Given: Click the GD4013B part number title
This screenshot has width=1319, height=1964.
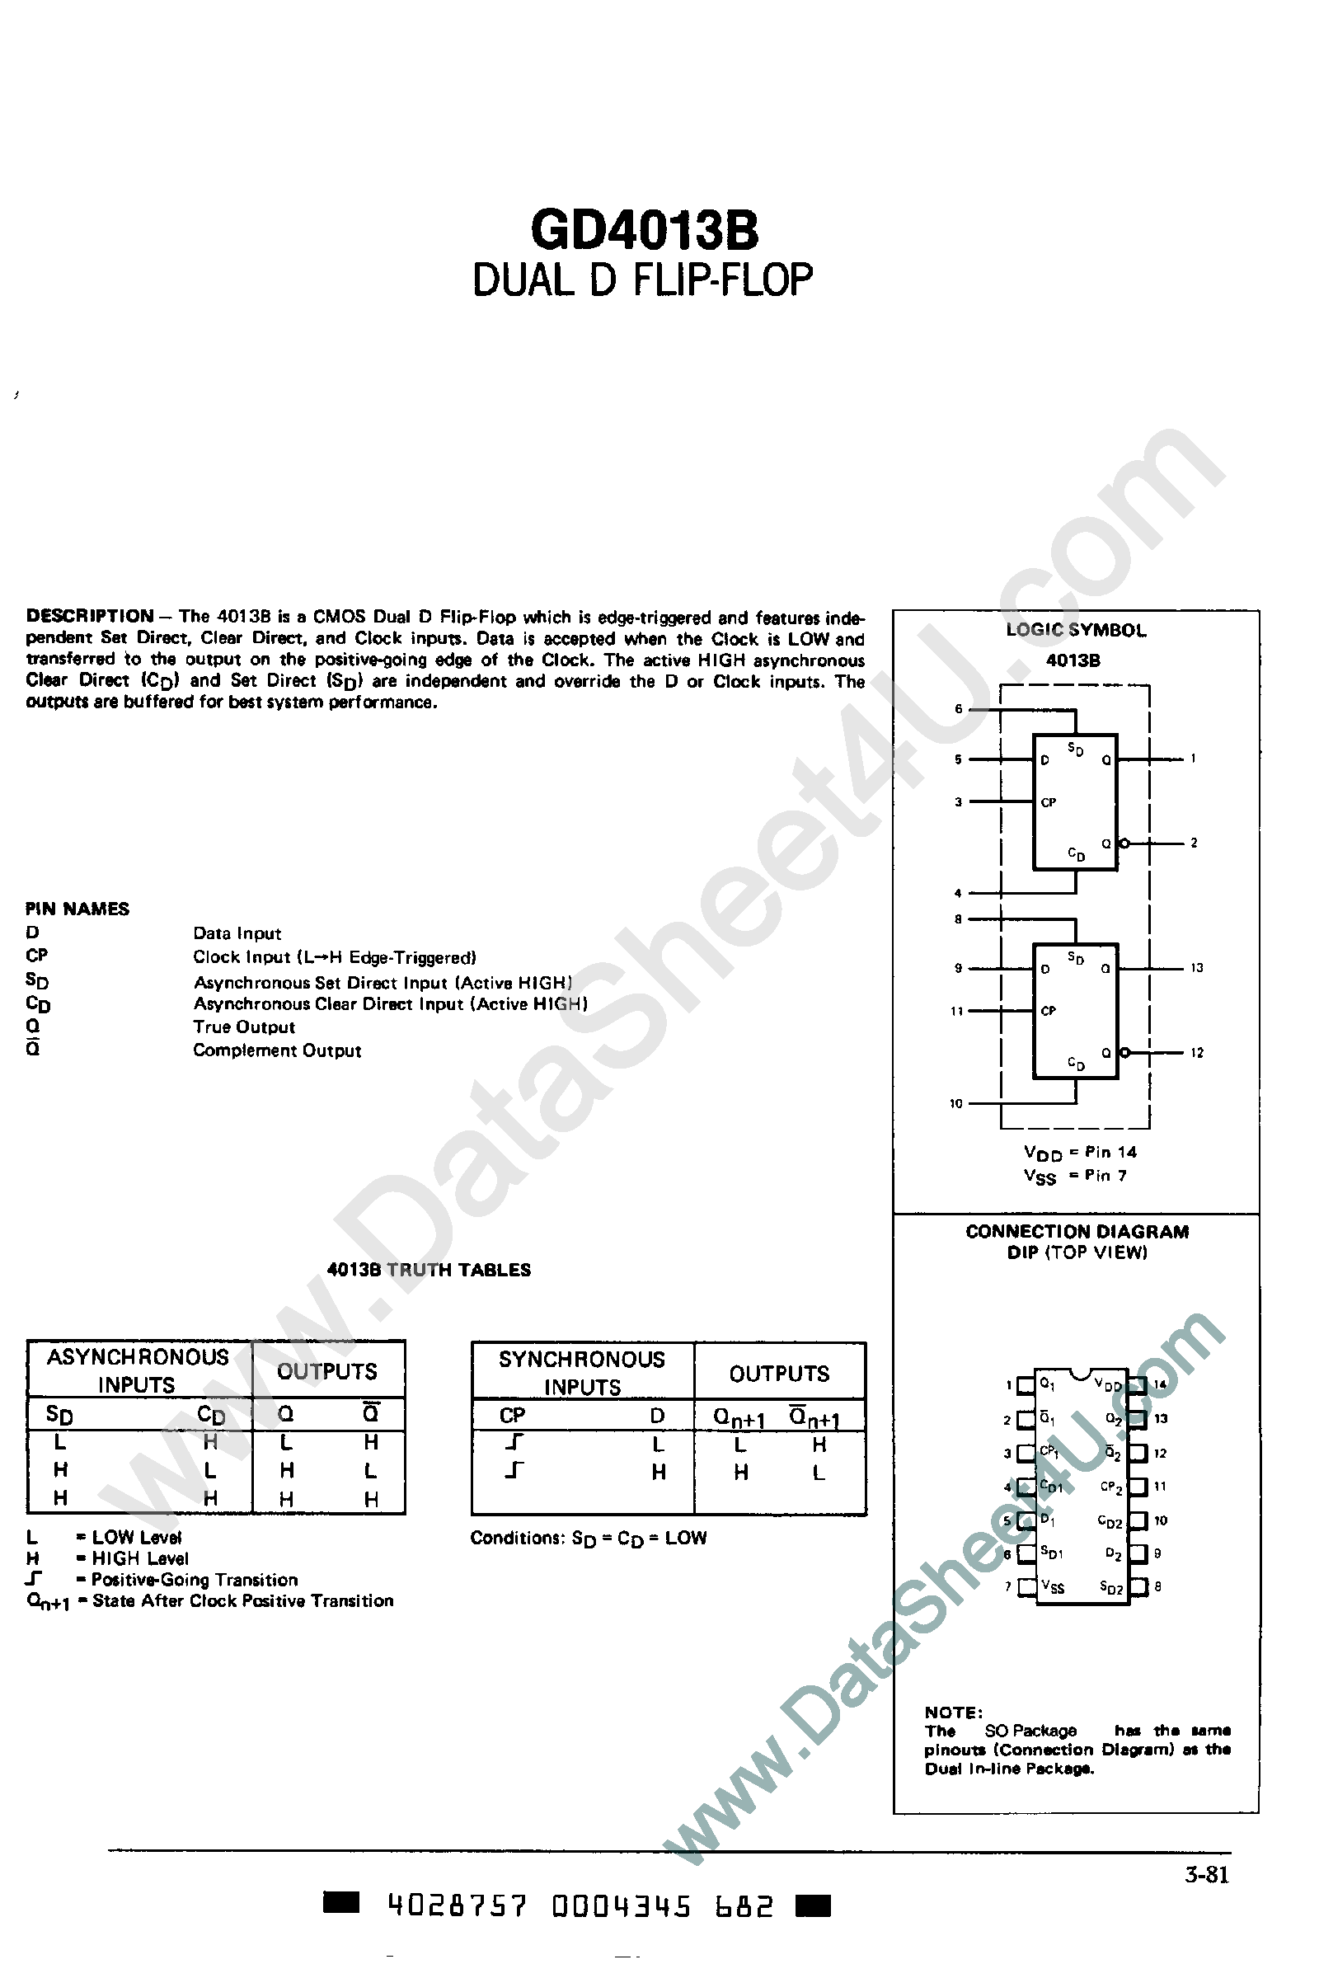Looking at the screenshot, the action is click(645, 229).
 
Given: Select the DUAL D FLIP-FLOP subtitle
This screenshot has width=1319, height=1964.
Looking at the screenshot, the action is click(643, 281).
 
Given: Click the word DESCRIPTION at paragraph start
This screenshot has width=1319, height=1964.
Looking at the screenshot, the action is click(90, 616).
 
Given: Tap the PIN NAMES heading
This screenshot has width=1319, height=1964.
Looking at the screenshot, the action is click(77, 909).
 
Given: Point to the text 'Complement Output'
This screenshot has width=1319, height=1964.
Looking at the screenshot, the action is click(277, 1050).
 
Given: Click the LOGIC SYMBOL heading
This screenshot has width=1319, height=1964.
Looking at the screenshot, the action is click(1076, 630).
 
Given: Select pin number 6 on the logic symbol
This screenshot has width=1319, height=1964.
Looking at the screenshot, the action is click(958, 709).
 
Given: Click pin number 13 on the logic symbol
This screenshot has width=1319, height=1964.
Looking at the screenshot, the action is click(1196, 968).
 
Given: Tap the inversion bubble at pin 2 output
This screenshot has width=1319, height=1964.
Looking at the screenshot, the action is click(1124, 843).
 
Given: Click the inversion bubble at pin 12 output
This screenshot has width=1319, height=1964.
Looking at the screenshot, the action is click(1124, 1052).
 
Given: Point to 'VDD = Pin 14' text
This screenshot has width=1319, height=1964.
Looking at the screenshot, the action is click(1080, 1153).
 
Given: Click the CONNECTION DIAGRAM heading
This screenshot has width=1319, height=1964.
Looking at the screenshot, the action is click(1077, 1231).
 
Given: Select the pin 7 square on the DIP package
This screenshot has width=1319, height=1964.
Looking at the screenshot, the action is click(1026, 1586).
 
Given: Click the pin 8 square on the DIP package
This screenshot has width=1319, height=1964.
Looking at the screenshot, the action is click(1138, 1586).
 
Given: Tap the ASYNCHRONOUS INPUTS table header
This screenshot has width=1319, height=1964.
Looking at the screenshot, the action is click(138, 1370).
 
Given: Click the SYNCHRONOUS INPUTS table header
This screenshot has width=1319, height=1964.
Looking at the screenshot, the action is click(581, 1373).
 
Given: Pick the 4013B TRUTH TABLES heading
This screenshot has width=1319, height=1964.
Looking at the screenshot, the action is click(428, 1270).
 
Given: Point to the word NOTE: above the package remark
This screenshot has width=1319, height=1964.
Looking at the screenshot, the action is click(953, 1713).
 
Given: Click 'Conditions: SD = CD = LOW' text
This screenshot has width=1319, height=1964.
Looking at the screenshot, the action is click(588, 1538).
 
